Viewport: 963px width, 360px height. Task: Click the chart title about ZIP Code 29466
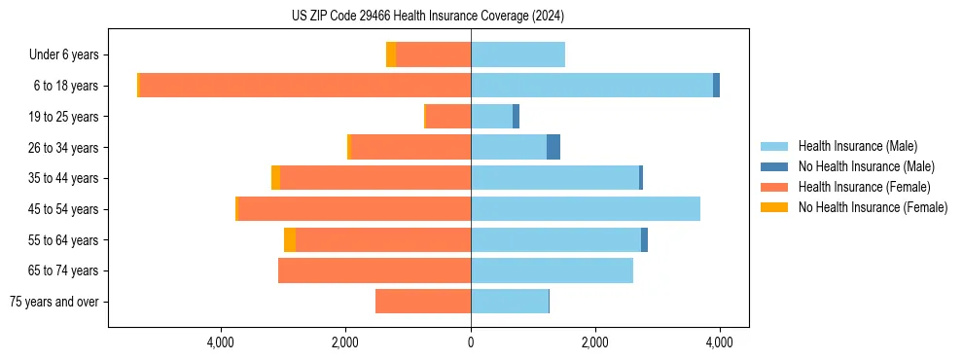coord(427,17)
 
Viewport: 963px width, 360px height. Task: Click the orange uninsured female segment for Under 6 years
coord(391,55)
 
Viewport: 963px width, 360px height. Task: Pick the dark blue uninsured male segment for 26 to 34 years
coord(553,148)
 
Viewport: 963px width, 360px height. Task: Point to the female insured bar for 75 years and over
coord(423,302)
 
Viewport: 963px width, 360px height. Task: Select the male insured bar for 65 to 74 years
coord(552,270)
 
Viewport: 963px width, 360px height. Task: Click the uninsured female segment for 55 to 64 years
coord(290,240)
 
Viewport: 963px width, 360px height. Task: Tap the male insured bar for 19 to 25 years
coord(491,117)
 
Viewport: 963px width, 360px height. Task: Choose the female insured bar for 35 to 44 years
coord(375,178)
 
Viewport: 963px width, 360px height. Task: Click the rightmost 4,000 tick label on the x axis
coord(720,342)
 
